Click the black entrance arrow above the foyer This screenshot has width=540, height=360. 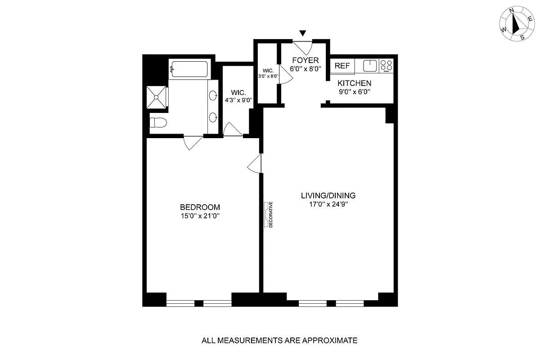pyautogui.click(x=302, y=33)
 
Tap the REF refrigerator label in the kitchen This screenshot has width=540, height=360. pyautogui.click(x=342, y=66)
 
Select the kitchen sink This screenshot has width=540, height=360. pyautogui.click(x=370, y=66)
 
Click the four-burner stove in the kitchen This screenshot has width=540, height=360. pyautogui.click(x=386, y=66)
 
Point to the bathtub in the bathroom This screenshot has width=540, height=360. pyautogui.click(x=189, y=69)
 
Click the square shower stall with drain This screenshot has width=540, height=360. pyautogui.click(x=156, y=97)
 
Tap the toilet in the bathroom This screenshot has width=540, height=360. pyautogui.click(x=158, y=122)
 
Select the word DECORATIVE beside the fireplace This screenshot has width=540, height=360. pyautogui.click(x=271, y=214)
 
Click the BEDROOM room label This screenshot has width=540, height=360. pyautogui.click(x=200, y=207)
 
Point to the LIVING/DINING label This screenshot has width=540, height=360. pyautogui.click(x=328, y=195)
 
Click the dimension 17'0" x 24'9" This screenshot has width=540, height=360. pyautogui.click(x=328, y=204)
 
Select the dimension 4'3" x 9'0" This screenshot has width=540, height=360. pyautogui.click(x=238, y=100)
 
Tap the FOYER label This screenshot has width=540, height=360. pyautogui.click(x=306, y=60)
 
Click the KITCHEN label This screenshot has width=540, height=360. pyautogui.click(x=355, y=83)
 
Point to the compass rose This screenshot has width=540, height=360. pyautogui.click(x=517, y=27)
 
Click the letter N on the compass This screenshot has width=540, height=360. pyautogui.click(x=511, y=17)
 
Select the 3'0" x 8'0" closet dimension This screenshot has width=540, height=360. pyautogui.click(x=268, y=76)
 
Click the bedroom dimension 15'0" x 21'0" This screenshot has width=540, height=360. pyautogui.click(x=200, y=216)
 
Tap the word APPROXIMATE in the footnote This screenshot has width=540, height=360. pyautogui.click(x=330, y=340)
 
